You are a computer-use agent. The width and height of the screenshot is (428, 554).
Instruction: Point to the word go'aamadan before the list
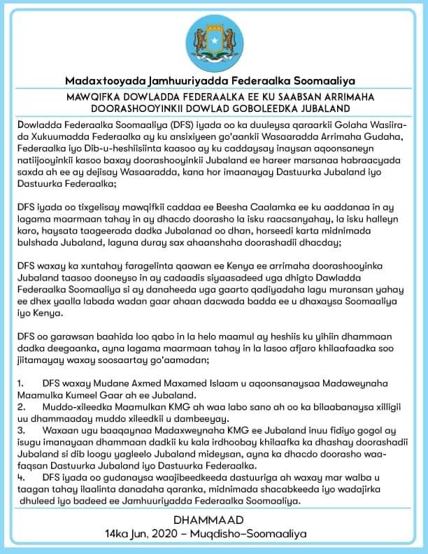(x=178, y=360)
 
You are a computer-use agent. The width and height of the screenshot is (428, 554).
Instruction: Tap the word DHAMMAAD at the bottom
(x=213, y=519)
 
